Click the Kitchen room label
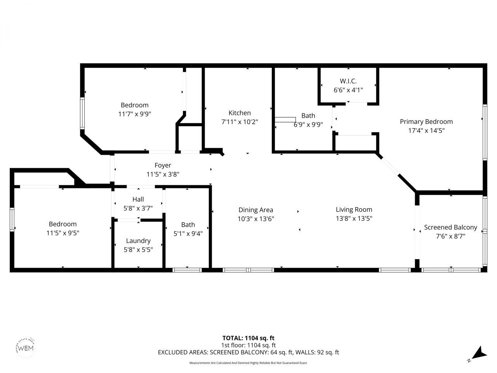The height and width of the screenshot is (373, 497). click(240, 113)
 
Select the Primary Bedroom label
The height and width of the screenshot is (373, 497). click(426, 122)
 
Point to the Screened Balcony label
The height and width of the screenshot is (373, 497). click(450, 227)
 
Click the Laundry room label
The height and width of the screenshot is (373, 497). click(138, 241)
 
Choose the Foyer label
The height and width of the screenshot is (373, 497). click(163, 166)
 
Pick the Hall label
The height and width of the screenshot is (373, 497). click(138, 199)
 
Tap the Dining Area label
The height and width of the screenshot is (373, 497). click(256, 210)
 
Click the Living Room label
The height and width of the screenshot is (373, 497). click(354, 209)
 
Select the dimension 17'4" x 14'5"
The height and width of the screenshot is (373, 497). click(426, 131)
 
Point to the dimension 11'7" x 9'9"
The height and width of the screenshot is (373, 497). click(134, 114)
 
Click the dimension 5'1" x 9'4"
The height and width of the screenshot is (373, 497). click(188, 234)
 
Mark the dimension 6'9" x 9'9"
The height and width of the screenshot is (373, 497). click(308, 125)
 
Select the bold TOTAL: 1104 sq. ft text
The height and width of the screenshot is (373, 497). click(248, 338)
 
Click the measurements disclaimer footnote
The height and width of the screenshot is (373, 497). click(248, 363)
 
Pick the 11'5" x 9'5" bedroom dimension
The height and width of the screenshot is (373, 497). click(63, 233)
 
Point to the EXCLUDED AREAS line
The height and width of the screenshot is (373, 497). click(248, 352)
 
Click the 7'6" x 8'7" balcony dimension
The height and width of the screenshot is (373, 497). click(450, 236)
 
